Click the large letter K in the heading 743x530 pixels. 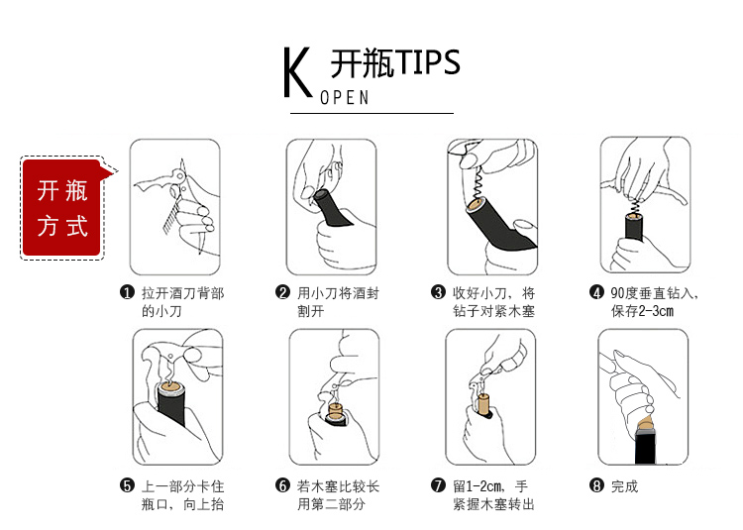tap(297, 72)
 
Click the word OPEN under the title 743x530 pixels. tap(345, 97)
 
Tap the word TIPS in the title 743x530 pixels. tap(428, 62)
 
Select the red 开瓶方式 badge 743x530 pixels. tap(62, 208)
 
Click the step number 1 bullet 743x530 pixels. tap(127, 292)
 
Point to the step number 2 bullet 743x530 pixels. tap(282, 292)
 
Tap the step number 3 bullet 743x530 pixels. tap(438, 292)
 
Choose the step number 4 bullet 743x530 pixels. tap(596, 292)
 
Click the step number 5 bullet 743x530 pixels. tap(127, 485)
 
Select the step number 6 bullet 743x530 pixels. tap(282, 485)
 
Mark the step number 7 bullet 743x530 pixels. tap(438, 485)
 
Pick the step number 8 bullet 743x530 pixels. tap(596, 485)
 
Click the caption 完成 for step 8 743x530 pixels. tap(624, 486)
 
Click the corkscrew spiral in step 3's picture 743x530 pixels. tap(478, 184)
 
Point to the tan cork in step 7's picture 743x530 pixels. tap(483, 404)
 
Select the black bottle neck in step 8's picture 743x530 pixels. tap(645, 445)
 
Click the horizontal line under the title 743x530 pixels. tap(371, 113)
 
